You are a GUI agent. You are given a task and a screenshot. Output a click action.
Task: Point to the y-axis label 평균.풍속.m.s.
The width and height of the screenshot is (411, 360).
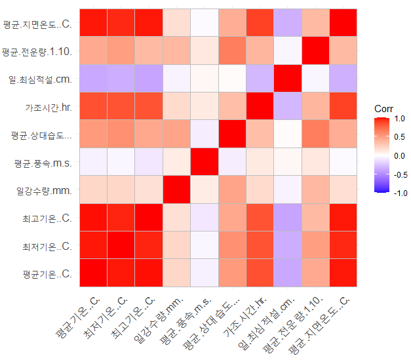(44, 162)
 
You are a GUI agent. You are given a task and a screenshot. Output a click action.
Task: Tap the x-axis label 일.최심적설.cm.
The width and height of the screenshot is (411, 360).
(266, 321)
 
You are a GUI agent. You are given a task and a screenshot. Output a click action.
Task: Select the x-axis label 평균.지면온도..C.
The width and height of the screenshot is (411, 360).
(321, 321)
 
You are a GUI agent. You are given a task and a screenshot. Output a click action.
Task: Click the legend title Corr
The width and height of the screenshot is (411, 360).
(383, 108)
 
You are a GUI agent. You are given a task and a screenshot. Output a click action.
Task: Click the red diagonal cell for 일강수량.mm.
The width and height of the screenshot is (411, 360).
(177, 190)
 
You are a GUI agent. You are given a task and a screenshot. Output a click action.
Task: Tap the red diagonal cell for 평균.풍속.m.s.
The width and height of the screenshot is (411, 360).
(205, 162)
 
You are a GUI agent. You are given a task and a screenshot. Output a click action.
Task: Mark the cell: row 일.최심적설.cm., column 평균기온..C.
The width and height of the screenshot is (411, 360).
(94, 79)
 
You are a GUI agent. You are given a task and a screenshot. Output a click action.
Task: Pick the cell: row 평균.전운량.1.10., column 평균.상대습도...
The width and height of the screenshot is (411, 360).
(233, 52)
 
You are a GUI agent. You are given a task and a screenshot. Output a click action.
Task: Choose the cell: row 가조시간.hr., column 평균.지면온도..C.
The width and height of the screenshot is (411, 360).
(344, 107)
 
